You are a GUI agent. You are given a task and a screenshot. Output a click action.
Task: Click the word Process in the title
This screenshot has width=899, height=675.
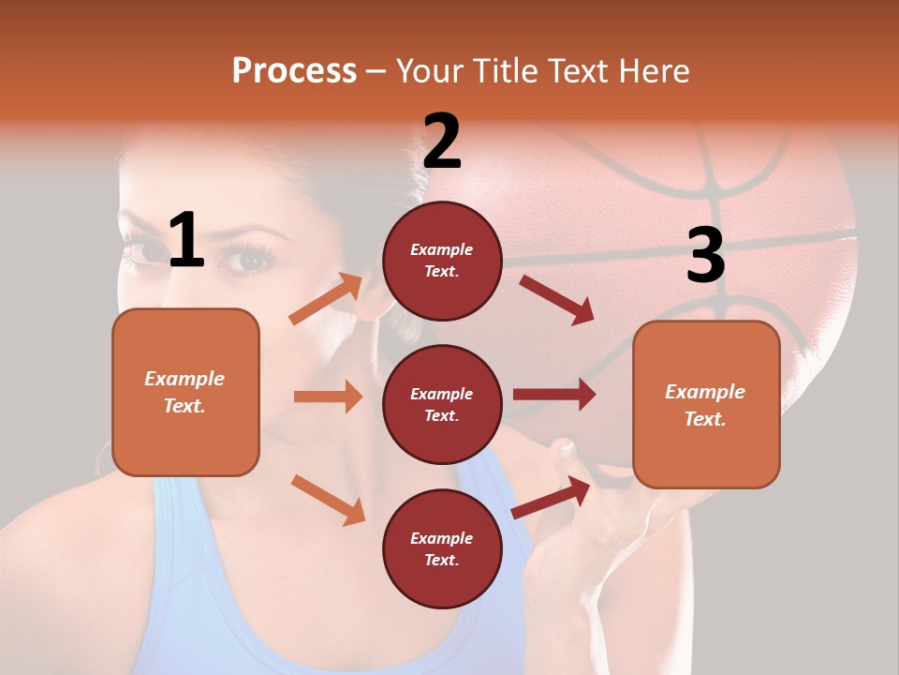(x=294, y=71)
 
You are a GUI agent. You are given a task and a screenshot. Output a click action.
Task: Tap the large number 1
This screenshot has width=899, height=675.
(x=186, y=241)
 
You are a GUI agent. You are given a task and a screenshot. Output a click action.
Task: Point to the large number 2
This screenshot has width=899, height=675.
(x=441, y=142)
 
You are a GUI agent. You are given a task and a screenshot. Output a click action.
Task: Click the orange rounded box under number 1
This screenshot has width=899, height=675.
(x=185, y=392)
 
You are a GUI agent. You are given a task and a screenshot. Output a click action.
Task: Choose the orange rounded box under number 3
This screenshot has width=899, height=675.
(x=706, y=405)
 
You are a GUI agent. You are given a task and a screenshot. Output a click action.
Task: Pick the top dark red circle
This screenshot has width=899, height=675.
(x=442, y=261)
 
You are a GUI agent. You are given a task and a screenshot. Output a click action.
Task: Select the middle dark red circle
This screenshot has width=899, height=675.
(x=442, y=404)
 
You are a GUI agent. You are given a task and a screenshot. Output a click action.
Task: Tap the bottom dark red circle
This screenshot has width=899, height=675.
(x=442, y=548)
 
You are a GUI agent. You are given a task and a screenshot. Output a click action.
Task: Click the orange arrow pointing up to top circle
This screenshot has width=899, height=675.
(x=326, y=299)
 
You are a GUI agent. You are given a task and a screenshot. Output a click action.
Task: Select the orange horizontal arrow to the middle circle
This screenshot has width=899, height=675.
(x=328, y=397)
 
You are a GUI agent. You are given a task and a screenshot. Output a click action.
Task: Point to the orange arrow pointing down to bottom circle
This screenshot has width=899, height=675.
(x=328, y=500)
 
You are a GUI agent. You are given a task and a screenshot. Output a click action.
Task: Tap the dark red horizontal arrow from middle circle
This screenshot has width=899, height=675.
(x=553, y=395)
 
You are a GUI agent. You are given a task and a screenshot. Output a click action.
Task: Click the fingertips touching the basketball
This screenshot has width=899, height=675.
(x=565, y=450)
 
